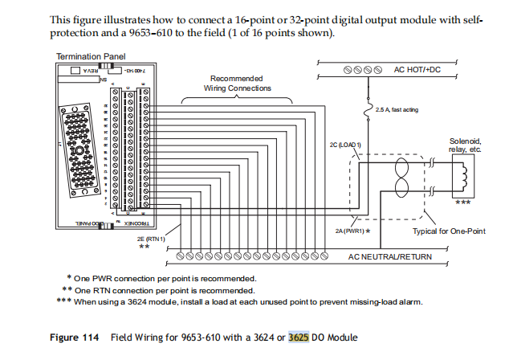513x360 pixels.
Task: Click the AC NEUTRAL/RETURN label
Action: click(389, 256)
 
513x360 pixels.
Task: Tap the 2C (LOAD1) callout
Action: click(346, 144)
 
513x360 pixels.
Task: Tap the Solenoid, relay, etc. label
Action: click(466, 145)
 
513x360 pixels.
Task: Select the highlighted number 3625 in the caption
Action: click(299, 337)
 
